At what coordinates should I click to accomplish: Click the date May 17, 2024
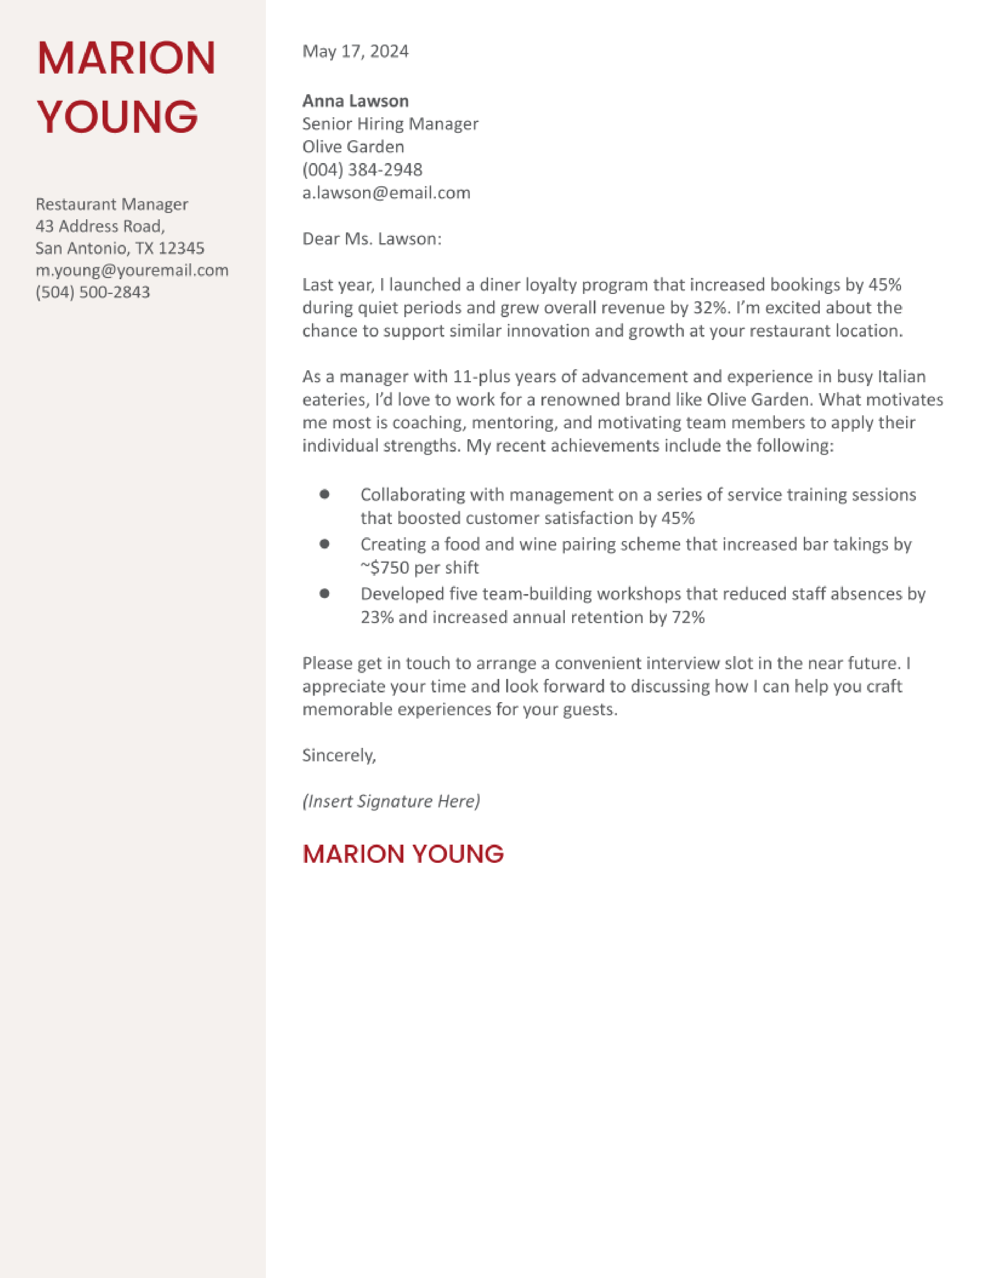[x=355, y=52]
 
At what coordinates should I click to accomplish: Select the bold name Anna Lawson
[x=355, y=101]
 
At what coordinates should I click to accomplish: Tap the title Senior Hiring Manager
[x=390, y=124]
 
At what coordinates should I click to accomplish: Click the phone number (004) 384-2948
[x=362, y=170]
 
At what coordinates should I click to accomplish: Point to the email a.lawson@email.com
[x=386, y=192]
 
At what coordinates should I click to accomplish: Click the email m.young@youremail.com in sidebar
[x=132, y=270]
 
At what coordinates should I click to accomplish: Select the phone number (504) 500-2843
[x=93, y=292]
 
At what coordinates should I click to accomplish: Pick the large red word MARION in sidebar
[x=126, y=58]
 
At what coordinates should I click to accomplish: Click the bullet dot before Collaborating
[x=324, y=495]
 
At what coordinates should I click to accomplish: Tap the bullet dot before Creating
[x=324, y=544]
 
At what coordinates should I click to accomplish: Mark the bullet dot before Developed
[x=324, y=593]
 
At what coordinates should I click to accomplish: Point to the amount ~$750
[x=384, y=568]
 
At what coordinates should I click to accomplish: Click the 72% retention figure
[x=688, y=617]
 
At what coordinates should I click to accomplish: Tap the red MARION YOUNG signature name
[x=403, y=854]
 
